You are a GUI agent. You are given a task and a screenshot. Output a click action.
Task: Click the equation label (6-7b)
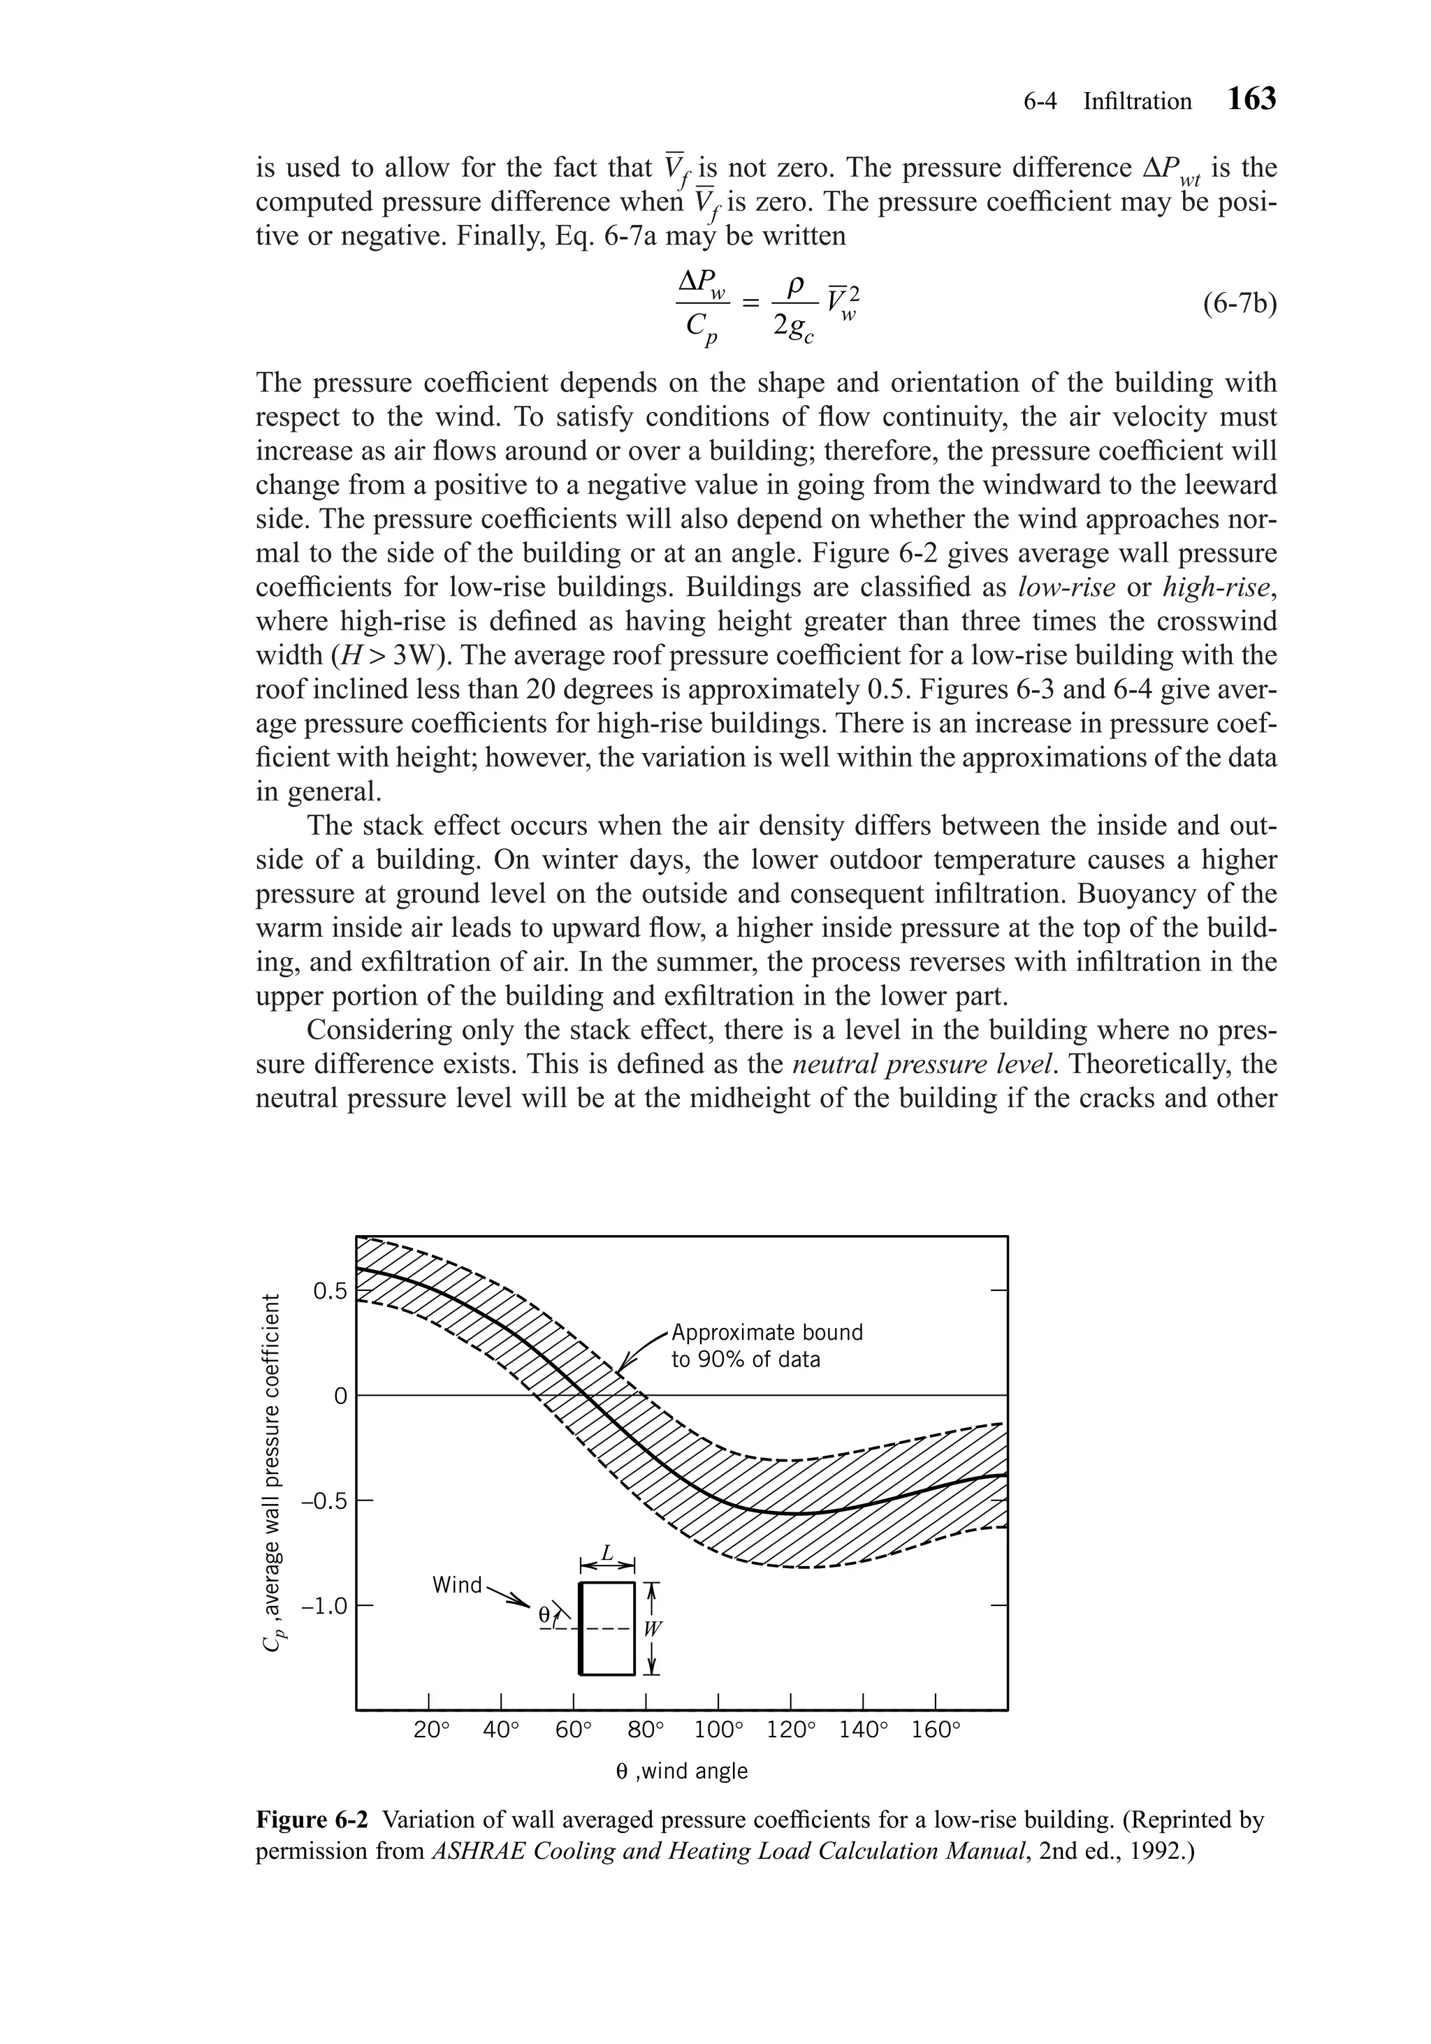tap(1239, 305)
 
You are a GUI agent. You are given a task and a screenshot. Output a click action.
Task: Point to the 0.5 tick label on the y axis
tap(330, 1291)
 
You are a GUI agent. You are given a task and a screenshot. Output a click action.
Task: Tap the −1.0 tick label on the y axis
tap(324, 1606)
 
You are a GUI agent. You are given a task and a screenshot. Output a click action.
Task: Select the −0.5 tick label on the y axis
tap(324, 1501)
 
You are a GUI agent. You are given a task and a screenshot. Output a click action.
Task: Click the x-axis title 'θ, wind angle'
tap(682, 1771)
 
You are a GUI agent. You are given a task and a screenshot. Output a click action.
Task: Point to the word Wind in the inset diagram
tap(456, 1584)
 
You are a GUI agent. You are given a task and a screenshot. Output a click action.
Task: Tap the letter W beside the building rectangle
tap(653, 1628)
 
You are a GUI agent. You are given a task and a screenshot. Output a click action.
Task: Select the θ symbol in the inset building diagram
tap(545, 1614)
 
